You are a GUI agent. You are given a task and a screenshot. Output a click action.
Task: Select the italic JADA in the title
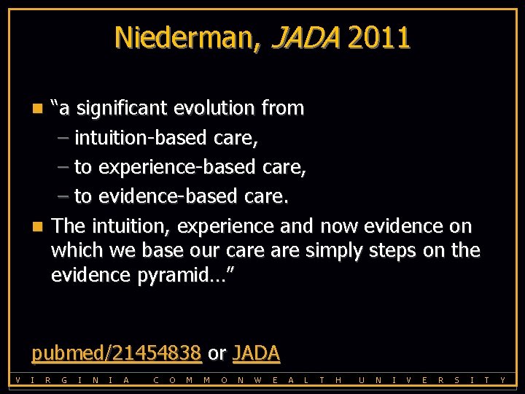pos(305,38)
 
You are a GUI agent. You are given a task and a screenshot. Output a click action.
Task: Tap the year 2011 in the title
pos(378,38)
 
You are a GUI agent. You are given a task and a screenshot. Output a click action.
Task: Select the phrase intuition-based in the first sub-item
pos(143,137)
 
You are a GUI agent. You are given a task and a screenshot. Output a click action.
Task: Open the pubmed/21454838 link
pos(116,353)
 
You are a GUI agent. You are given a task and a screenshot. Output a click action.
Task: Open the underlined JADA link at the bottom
pos(256,353)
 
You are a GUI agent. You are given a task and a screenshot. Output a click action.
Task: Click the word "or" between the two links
pos(217,354)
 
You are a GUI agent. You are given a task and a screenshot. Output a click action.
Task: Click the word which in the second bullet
pos(77,250)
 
